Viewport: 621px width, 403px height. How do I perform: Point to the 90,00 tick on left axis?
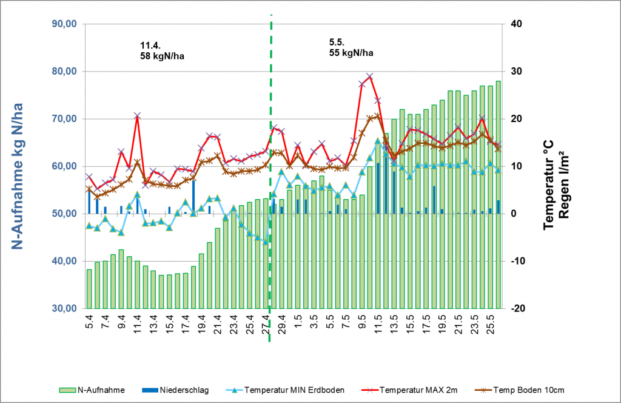[x=62, y=24]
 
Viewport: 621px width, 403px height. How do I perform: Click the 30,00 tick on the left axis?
[x=62, y=308]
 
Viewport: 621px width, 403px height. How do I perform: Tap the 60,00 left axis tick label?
[x=62, y=166]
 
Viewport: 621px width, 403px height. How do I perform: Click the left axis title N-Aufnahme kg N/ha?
[x=18, y=176]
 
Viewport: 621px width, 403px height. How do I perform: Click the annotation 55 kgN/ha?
[x=351, y=53]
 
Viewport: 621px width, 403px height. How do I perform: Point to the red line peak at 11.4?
[x=137, y=115]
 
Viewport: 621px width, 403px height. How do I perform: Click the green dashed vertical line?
[x=270, y=182]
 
